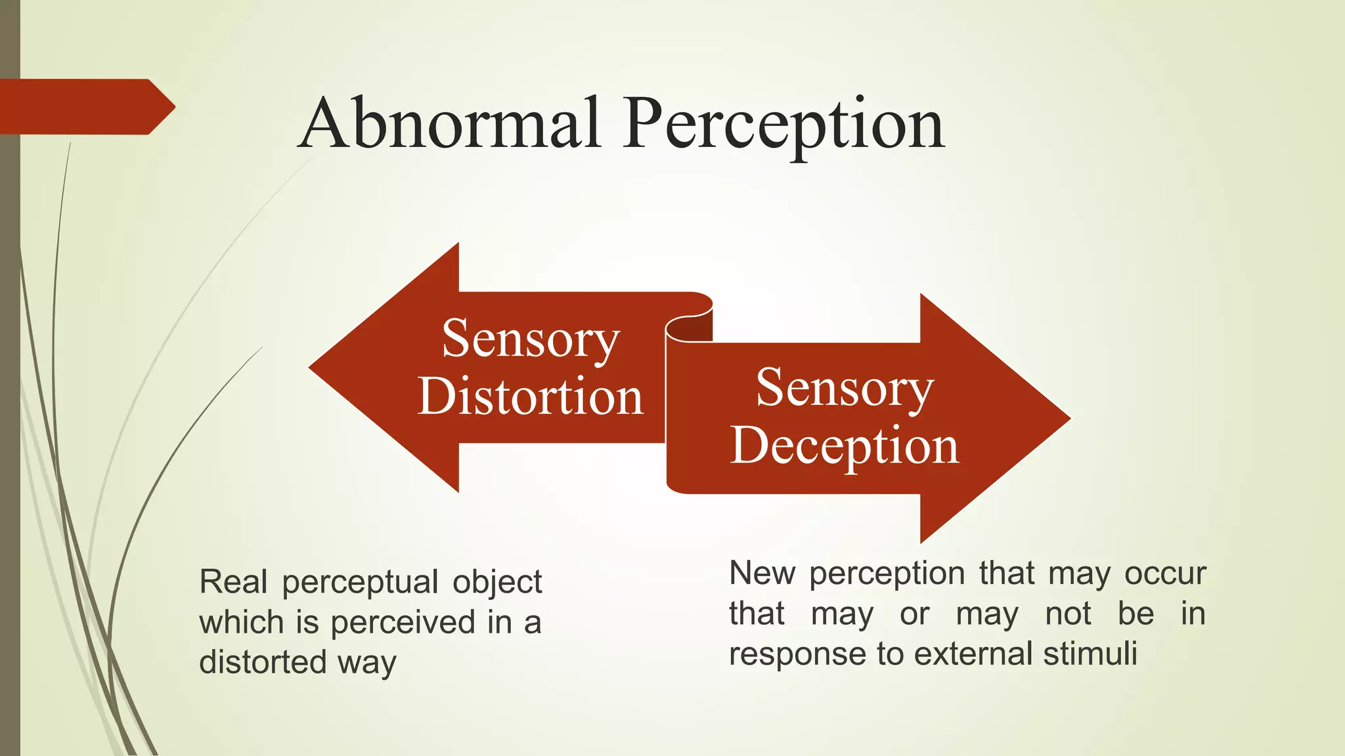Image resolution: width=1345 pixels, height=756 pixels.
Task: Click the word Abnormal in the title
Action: pos(449,123)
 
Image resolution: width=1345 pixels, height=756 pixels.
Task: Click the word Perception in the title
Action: pos(784,125)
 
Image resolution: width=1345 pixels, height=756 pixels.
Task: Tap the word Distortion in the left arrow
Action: pos(530,397)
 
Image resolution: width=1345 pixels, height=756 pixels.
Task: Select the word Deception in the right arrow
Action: pos(845,446)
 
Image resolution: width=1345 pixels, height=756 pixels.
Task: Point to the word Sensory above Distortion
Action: pos(531,340)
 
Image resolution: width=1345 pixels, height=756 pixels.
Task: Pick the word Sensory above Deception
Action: pos(845,388)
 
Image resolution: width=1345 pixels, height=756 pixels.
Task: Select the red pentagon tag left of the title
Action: pos(85,107)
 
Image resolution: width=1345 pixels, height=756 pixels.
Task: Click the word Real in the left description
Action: pos(233,582)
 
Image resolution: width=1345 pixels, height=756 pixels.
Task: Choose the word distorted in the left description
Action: pos(262,662)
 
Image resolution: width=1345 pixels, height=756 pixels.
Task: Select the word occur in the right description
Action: pos(1165,574)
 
